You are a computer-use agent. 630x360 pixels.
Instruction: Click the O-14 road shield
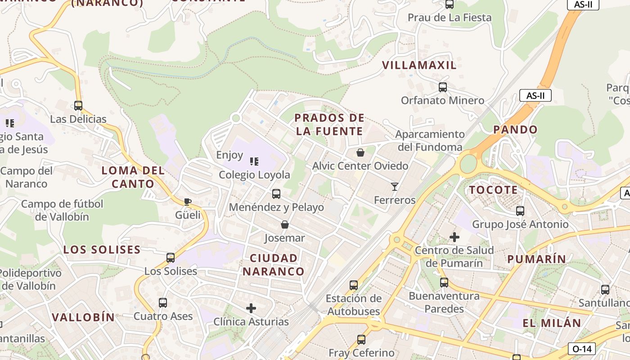pyautogui.click(x=582, y=349)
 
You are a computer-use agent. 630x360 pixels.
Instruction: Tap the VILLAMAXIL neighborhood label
pyautogui.click(x=419, y=65)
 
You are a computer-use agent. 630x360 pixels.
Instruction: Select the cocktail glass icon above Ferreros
pyautogui.click(x=395, y=186)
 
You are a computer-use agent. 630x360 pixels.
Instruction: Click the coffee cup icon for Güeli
pyautogui.click(x=188, y=202)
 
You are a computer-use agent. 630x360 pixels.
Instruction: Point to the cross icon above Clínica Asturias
pyautogui.click(x=251, y=308)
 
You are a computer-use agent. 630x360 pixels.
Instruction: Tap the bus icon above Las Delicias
pyautogui.click(x=78, y=106)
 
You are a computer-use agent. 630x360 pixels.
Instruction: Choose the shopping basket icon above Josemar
pyautogui.click(x=284, y=225)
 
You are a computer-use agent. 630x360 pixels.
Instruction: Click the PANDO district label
pyautogui.click(x=515, y=130)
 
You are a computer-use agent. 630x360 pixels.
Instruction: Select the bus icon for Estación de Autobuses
pyautogui.click(x=354, y=285)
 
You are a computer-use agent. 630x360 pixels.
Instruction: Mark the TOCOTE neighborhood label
pyautogui.click(x=493, y=190)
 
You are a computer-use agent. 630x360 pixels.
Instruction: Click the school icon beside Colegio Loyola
pyautogui.click(x=254, y=161)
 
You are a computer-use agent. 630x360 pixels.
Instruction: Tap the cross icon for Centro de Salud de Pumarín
pyautogui.click(x=454, y=237)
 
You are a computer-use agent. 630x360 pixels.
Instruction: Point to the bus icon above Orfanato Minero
pyautogui.click(x=443, y=87)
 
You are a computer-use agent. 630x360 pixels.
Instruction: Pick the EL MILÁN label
pyautogui.click(x=552, y=323)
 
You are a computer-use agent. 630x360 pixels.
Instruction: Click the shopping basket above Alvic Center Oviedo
pyautogui.click(x=360, y=153)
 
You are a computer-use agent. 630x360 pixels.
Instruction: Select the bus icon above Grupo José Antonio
pyautogui.click(x=520, y=211)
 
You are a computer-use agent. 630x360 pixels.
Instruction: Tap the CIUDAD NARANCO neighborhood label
pyautogui.click(x=274, y=265)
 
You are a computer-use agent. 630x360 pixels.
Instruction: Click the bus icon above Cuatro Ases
pyautogui.click(x=163, y=303)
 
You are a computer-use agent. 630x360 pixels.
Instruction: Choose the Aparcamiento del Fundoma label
pyautogui.click(x=430, y=140)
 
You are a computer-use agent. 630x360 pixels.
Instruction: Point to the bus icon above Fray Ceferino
pyautogui.click(x=361, y=340)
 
